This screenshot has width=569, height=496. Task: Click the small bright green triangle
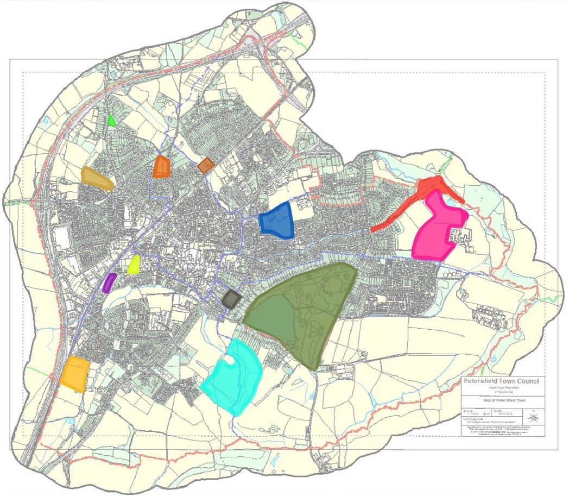111,121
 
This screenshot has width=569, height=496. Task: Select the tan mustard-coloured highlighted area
96,178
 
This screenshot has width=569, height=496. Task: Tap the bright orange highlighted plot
162,167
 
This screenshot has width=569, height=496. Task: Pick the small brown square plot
206,165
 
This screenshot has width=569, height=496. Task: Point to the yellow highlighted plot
134,265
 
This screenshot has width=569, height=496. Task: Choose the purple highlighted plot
109,282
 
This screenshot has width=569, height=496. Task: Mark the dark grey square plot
232,299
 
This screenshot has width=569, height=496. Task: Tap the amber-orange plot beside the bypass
75,373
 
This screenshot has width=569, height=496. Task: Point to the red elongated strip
418,204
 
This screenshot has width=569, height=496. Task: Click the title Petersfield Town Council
501,381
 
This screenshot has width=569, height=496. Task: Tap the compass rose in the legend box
534,417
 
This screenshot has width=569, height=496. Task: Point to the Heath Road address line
501,387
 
